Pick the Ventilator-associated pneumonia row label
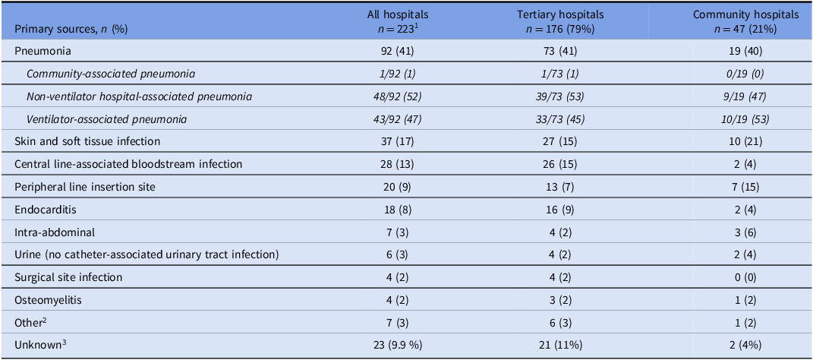point(106,119)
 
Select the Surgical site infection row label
point(68,277)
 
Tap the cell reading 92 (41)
point(398,52)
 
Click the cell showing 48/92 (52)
point(398,96)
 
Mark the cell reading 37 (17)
point(398,141)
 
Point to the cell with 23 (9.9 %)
point(398,345)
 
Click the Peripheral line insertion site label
point(77,187)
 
